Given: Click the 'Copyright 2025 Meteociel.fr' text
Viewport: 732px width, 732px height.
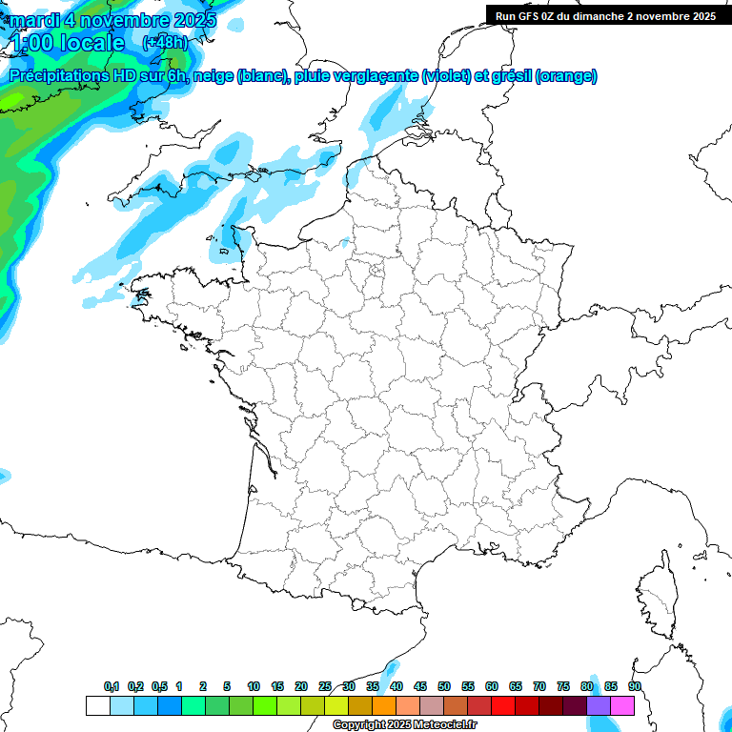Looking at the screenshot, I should click(404, 725).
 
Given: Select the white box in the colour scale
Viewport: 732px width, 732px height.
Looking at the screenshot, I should click(97, 705).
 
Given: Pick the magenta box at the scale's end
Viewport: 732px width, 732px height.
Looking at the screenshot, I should click(622, 705).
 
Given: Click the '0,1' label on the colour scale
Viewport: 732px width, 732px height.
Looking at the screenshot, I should click(112, 686).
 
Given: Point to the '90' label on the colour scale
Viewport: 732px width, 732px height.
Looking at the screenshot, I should click(635, 686).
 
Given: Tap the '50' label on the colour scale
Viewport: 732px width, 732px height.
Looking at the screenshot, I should click(444, 686).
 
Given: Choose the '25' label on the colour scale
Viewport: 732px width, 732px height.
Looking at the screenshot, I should click(325, 686).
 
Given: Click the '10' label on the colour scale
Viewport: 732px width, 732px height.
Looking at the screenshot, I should click(254, 686).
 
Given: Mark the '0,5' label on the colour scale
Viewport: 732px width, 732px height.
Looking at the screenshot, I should click(159, 686).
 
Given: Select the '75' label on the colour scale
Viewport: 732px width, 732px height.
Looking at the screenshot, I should click(563, 686).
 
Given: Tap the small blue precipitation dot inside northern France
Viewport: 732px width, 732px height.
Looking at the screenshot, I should click(345, 242).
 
